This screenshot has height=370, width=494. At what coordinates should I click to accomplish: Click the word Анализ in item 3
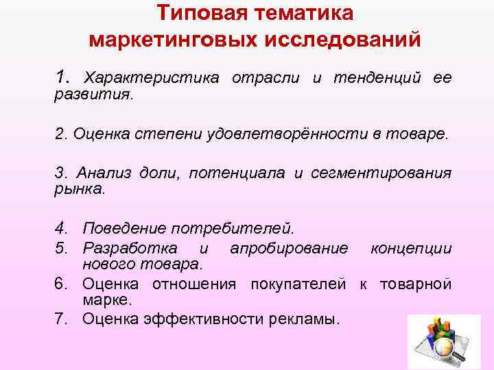click(100, 173)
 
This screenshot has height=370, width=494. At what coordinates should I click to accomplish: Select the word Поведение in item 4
click(127, 227)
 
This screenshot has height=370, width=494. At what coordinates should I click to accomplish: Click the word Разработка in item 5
click(129, 248)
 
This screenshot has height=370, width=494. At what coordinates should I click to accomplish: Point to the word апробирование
click(289, 248)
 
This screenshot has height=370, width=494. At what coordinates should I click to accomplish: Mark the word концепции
click(411, 248)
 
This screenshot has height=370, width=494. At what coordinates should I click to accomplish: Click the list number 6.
click(60, 284)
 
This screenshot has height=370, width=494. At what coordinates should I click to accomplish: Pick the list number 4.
click(60, 227)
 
